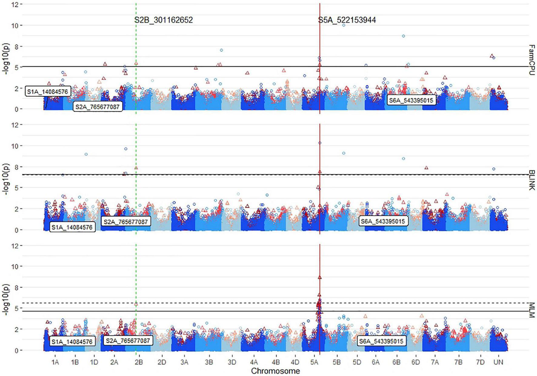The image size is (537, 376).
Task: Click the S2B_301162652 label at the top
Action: click(x=164, y=20)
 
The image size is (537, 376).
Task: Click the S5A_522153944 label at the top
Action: click(x=347, y=20)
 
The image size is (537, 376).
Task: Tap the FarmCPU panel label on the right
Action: click(x=532, y=60)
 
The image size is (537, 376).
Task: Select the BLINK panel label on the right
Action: click(x=532, y=180)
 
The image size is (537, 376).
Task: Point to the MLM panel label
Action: click(x=532, y=310)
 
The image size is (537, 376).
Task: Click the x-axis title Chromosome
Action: click(x=275, y=371)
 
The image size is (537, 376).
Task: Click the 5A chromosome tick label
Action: click(x=315, y=362)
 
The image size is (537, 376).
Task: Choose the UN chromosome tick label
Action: click(x=498, y=362)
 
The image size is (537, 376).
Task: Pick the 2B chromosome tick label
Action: click(x=139, y=362)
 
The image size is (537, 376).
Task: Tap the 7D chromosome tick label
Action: click(x=480, y=362)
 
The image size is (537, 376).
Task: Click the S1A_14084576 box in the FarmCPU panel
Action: click(x=48, y=91)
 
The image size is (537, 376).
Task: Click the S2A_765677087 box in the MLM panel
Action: click(x=128, y=341)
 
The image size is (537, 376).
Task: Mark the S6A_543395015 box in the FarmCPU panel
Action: click(x=411, y=100)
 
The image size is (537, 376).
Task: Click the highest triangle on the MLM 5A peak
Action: click(x=319, y=277)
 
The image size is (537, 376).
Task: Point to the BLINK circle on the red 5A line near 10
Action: click(x=320, y=143)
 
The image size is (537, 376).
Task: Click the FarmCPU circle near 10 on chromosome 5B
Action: click(x=344, y=25)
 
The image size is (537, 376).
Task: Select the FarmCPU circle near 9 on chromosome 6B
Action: click(x=403, y=36)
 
